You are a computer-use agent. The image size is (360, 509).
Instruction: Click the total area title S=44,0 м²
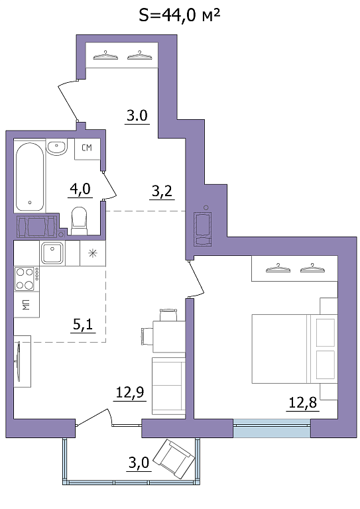click(180, 15)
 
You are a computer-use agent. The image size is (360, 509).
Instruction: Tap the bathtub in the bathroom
click(30, 177)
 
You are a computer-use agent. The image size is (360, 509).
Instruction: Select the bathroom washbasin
click(56, 147)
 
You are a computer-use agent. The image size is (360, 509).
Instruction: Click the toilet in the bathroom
click(79, 221)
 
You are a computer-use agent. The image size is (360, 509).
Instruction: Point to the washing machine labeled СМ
click(87, 149)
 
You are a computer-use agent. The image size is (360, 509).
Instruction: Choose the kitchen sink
click(52, 253)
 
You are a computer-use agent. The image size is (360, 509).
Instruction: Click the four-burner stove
click(27, 279)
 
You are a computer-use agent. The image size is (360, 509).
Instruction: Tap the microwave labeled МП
click(27, 304)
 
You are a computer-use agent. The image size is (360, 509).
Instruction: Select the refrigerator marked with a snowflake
click(93, 253)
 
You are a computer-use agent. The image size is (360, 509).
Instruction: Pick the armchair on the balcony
click(174, 459)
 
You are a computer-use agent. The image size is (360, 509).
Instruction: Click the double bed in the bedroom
click(294, 349)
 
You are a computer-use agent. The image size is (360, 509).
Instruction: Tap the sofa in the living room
click(168, 386)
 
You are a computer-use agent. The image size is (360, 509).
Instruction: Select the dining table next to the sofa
click(169, 336)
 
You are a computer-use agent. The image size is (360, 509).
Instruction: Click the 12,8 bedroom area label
click(302, 404)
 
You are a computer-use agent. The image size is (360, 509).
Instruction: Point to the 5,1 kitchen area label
click(84, 325)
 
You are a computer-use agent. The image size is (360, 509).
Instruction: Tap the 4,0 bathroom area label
click(80, 190)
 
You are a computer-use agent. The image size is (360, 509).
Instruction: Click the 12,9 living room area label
click(130, 394)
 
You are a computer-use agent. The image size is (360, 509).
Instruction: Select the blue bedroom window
click(272, 428)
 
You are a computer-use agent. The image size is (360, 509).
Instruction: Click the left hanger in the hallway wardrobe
click(105, 56)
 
